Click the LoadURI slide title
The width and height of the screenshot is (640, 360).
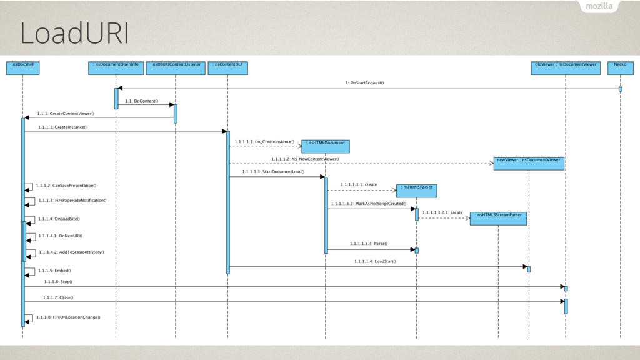[74, 33]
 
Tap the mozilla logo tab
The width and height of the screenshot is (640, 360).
[599, 6]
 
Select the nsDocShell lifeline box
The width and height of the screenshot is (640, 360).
[23, 68]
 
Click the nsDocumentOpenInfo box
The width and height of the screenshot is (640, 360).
[116, 68]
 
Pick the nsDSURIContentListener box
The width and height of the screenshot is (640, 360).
[176, 68]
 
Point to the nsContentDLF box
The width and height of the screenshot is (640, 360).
[227, 68]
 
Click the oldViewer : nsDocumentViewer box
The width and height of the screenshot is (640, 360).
[566, 68]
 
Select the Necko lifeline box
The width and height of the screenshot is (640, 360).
[621, 68]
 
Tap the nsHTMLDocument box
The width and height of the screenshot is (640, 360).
[325, 146]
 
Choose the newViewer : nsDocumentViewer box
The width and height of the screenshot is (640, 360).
[529, 164]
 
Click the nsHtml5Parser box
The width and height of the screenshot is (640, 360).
[416, 191]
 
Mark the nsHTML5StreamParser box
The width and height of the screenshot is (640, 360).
[498, 219]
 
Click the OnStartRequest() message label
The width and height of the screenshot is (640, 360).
[364, 83]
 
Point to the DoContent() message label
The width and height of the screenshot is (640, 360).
[142, 101]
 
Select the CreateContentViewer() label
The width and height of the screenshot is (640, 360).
[66, 114]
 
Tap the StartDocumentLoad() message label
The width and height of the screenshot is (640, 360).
[273, 171]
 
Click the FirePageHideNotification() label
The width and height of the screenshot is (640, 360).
[72, 201]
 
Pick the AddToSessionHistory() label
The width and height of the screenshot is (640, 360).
[71, 252]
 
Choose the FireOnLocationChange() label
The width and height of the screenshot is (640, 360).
[68, 317]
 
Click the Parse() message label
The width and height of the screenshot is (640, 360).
[369, 244]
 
